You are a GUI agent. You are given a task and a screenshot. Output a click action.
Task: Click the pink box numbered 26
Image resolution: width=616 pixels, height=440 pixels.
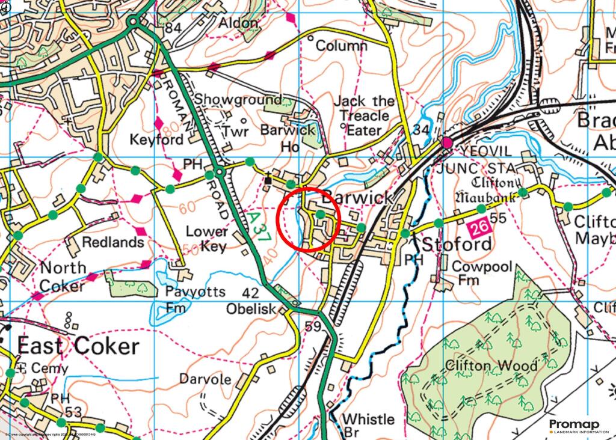(x=478, y=228)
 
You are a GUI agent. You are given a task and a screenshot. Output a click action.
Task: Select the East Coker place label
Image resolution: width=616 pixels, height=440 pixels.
(x=78, y=346)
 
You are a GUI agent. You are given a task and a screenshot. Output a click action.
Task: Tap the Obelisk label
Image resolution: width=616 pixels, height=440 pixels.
(x=251, y=308)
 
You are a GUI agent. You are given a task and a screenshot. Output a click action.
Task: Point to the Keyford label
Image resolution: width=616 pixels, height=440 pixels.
(x=156, y=140)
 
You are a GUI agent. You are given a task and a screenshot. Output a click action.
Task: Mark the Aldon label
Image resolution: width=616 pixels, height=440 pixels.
(x=239, y=23)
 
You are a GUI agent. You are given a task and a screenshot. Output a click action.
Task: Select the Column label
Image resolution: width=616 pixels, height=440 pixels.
(x=341, y=46)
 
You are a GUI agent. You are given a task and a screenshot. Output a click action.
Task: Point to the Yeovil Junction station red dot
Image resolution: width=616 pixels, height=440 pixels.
(x=446, y=143)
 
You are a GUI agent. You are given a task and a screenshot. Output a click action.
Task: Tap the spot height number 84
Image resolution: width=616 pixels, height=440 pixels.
(x=173, y=28)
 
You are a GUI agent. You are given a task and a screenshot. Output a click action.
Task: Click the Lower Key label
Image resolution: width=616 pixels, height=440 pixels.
(x=207, y=239)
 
